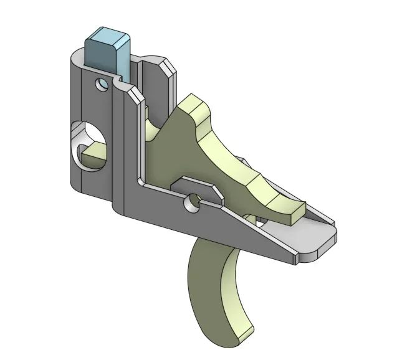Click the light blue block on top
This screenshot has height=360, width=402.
(106, 52)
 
